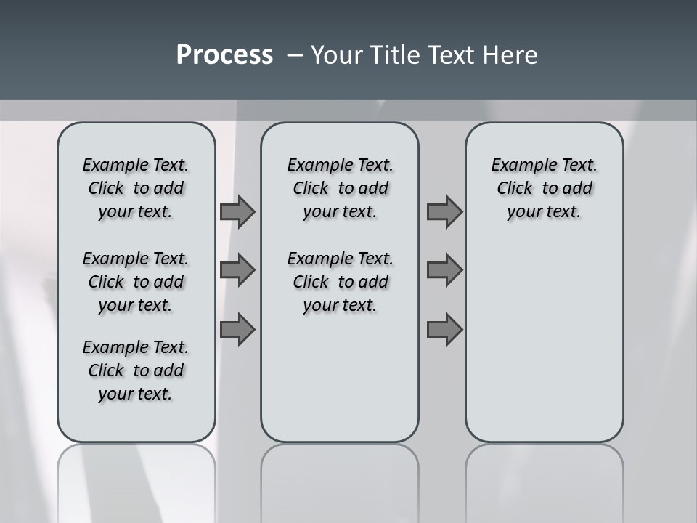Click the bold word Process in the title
coord(224,55)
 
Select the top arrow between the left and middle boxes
coord(237,211)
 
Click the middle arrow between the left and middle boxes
coord(237,270)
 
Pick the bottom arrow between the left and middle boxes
coord(237,329)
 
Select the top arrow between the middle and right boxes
coord(444,211)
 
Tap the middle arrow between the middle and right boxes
coord(444,270)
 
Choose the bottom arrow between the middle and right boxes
coord(444,329)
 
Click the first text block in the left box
coord(136,188)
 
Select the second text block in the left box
coord(136,282)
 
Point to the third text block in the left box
coord(136,370)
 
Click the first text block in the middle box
coord(340,188)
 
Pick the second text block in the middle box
coord(340,282)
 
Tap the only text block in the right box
coord(544,188)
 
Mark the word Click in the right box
coord(515,189)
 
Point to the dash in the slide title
coord(295,55)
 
